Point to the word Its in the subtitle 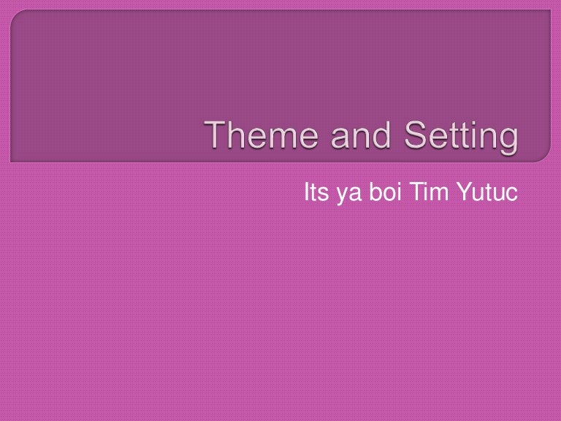[x=314, y=195]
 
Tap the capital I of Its [x=305, y=195]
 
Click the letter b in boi [x=376, y=195]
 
